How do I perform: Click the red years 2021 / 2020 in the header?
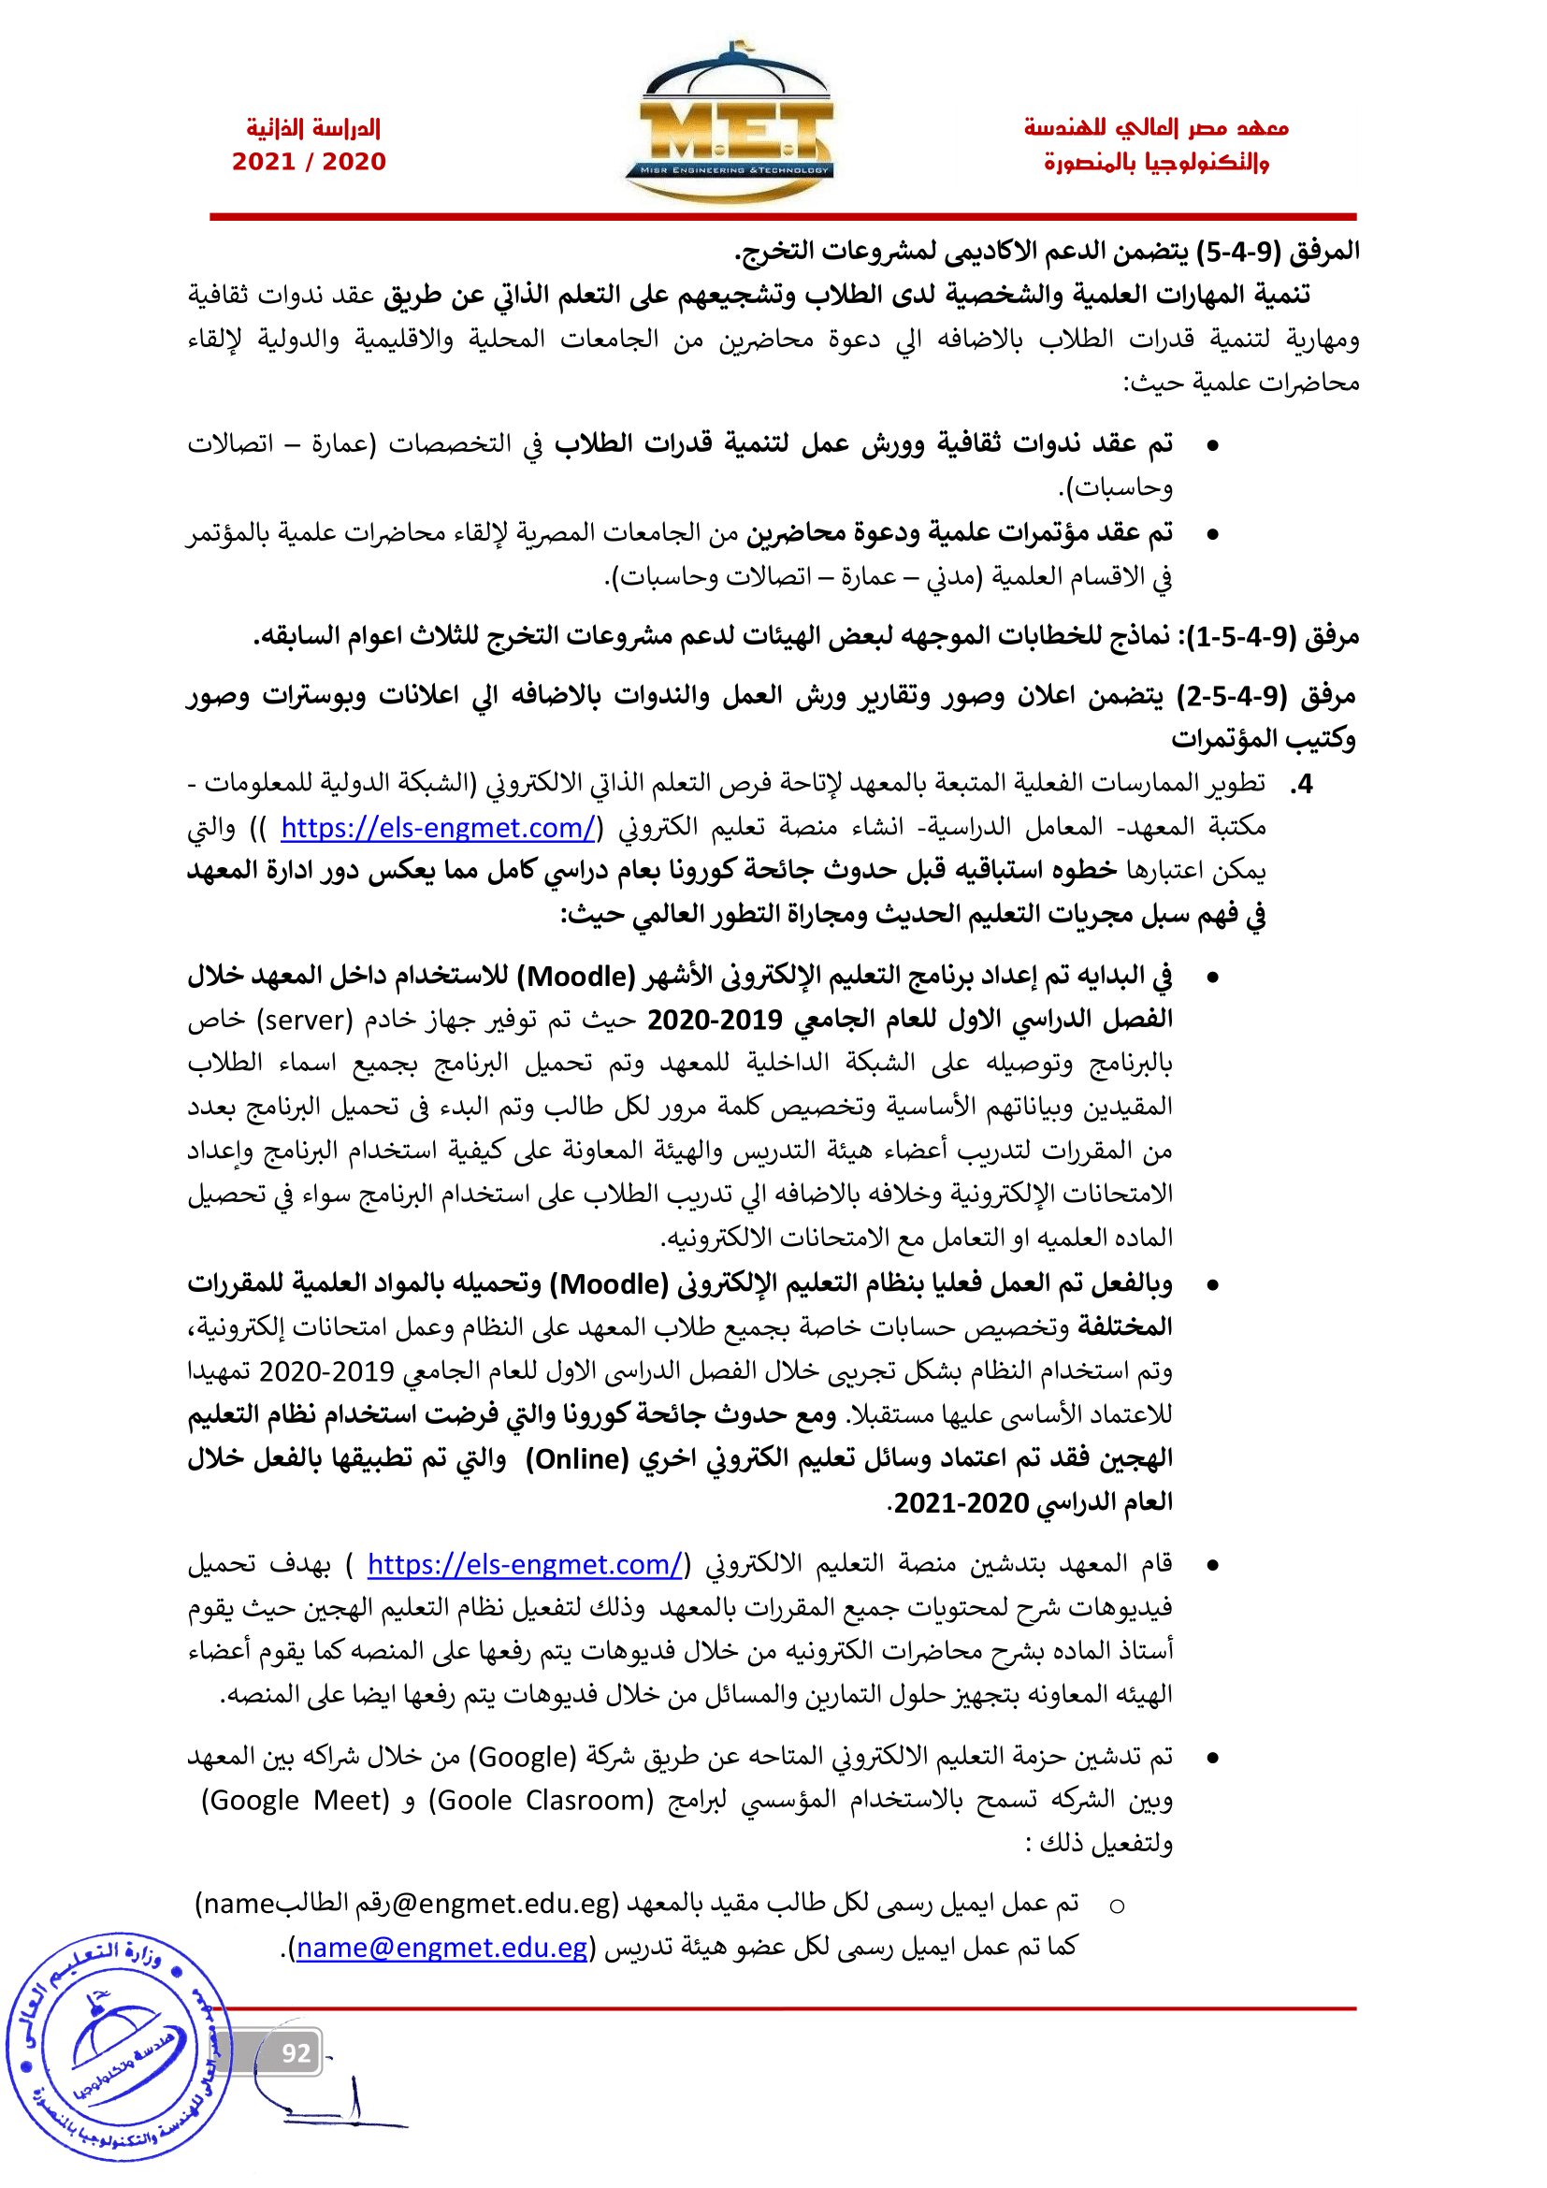[310, 162]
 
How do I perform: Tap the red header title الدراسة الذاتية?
[313, 128]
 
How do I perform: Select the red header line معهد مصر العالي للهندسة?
[1155, 128]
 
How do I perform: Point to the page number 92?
[296, 2053]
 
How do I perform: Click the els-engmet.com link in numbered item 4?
[437, 828]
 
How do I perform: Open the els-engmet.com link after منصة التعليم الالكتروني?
[525, 1565]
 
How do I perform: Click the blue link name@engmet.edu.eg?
[442, 1948]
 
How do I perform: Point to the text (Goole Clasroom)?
[541, 1801]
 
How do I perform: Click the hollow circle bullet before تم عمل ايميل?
[1118, 1905]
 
